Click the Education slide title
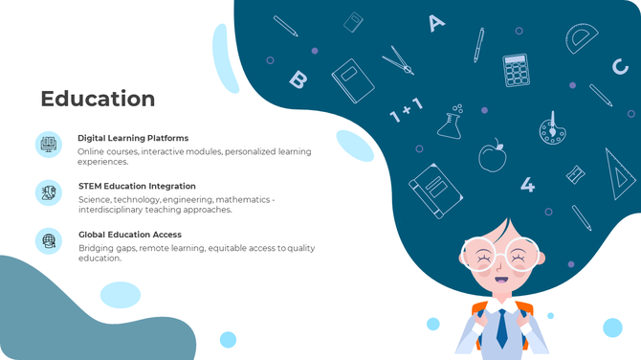click(x=98, y=99)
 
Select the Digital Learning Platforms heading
click(x=133, y=138)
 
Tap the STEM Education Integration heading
click(x=137, y=186)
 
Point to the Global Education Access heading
click(x=129, y=234)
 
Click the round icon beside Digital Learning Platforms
click(x=48, y=145)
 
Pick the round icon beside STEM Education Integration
click(x=48, y=192)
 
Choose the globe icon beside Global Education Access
click(x=48, y=240)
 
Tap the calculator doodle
click(x=517, y=69)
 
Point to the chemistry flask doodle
click(x=451, y=122)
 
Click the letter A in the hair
click(x=436, y=22)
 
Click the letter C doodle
click(x=620, y=67)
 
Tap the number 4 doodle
click(x=527, y=185)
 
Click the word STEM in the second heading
click(x=93, y=186)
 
